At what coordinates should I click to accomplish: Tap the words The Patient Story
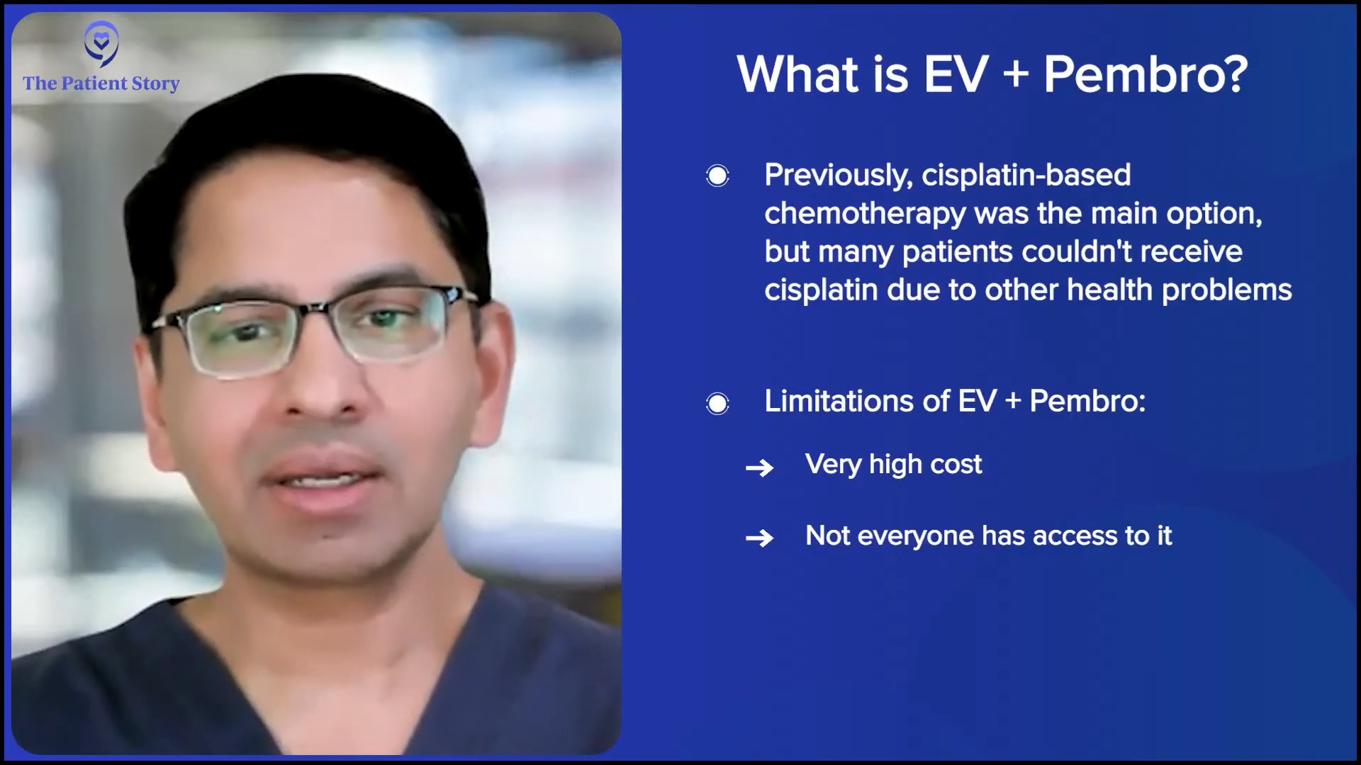(x=101, y=84)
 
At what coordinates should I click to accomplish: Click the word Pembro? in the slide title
(x=1146, y=74)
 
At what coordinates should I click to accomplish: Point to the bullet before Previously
(x=717, y=176)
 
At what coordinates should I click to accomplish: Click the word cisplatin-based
(x=1026, y=175)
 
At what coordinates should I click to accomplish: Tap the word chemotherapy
(x=865, y=214)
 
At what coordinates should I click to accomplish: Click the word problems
(x=1227, y=290)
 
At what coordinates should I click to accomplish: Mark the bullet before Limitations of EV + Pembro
(x=717, y=404)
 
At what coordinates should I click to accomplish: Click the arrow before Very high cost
(x=759, y=467)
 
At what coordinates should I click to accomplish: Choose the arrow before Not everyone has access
(x=759, y=538)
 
